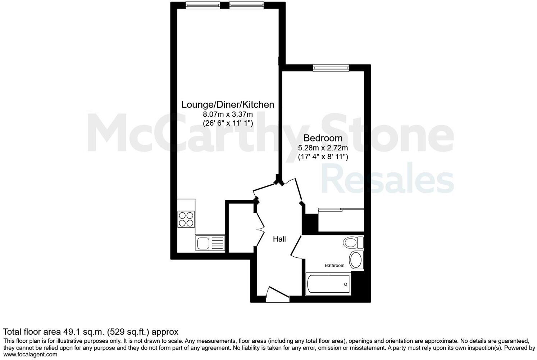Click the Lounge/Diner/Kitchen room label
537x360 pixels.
[228, 105]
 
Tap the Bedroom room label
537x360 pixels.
[323, 138]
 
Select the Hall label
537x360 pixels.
[279, 239]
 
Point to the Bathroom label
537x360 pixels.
[335, 266]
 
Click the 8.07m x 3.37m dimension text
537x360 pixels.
[228, 114]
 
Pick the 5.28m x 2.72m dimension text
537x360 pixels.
[323, 148]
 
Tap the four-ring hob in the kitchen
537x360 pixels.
[186, 219]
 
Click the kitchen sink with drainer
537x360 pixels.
[210, 243]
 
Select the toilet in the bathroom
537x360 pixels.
[353, 242]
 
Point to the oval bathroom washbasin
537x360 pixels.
[356, 260]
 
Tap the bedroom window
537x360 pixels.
[331, 68]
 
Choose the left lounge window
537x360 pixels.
[202, 5]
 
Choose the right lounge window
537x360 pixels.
[246, 5]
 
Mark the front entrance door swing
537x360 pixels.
[277, 294]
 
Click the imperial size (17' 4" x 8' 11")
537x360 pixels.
[323, 157]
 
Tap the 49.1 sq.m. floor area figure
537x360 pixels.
[83, 332]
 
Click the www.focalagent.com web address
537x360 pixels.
[30, 354]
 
